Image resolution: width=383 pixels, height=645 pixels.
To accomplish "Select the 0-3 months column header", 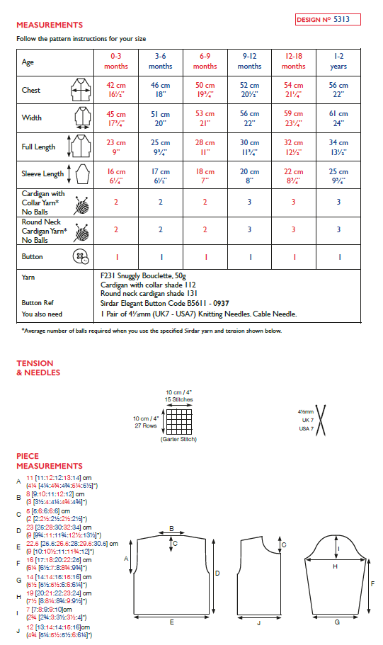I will [116, 61].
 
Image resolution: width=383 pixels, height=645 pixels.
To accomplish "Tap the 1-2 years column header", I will [338, 61].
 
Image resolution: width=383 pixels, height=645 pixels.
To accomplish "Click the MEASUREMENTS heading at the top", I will [50, 25].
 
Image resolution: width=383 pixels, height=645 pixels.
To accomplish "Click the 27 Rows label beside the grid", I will [147, 426].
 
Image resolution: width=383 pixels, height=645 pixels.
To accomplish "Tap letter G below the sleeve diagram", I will [336, 621].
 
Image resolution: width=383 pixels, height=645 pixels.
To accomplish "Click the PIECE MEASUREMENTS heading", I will [50, 461].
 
